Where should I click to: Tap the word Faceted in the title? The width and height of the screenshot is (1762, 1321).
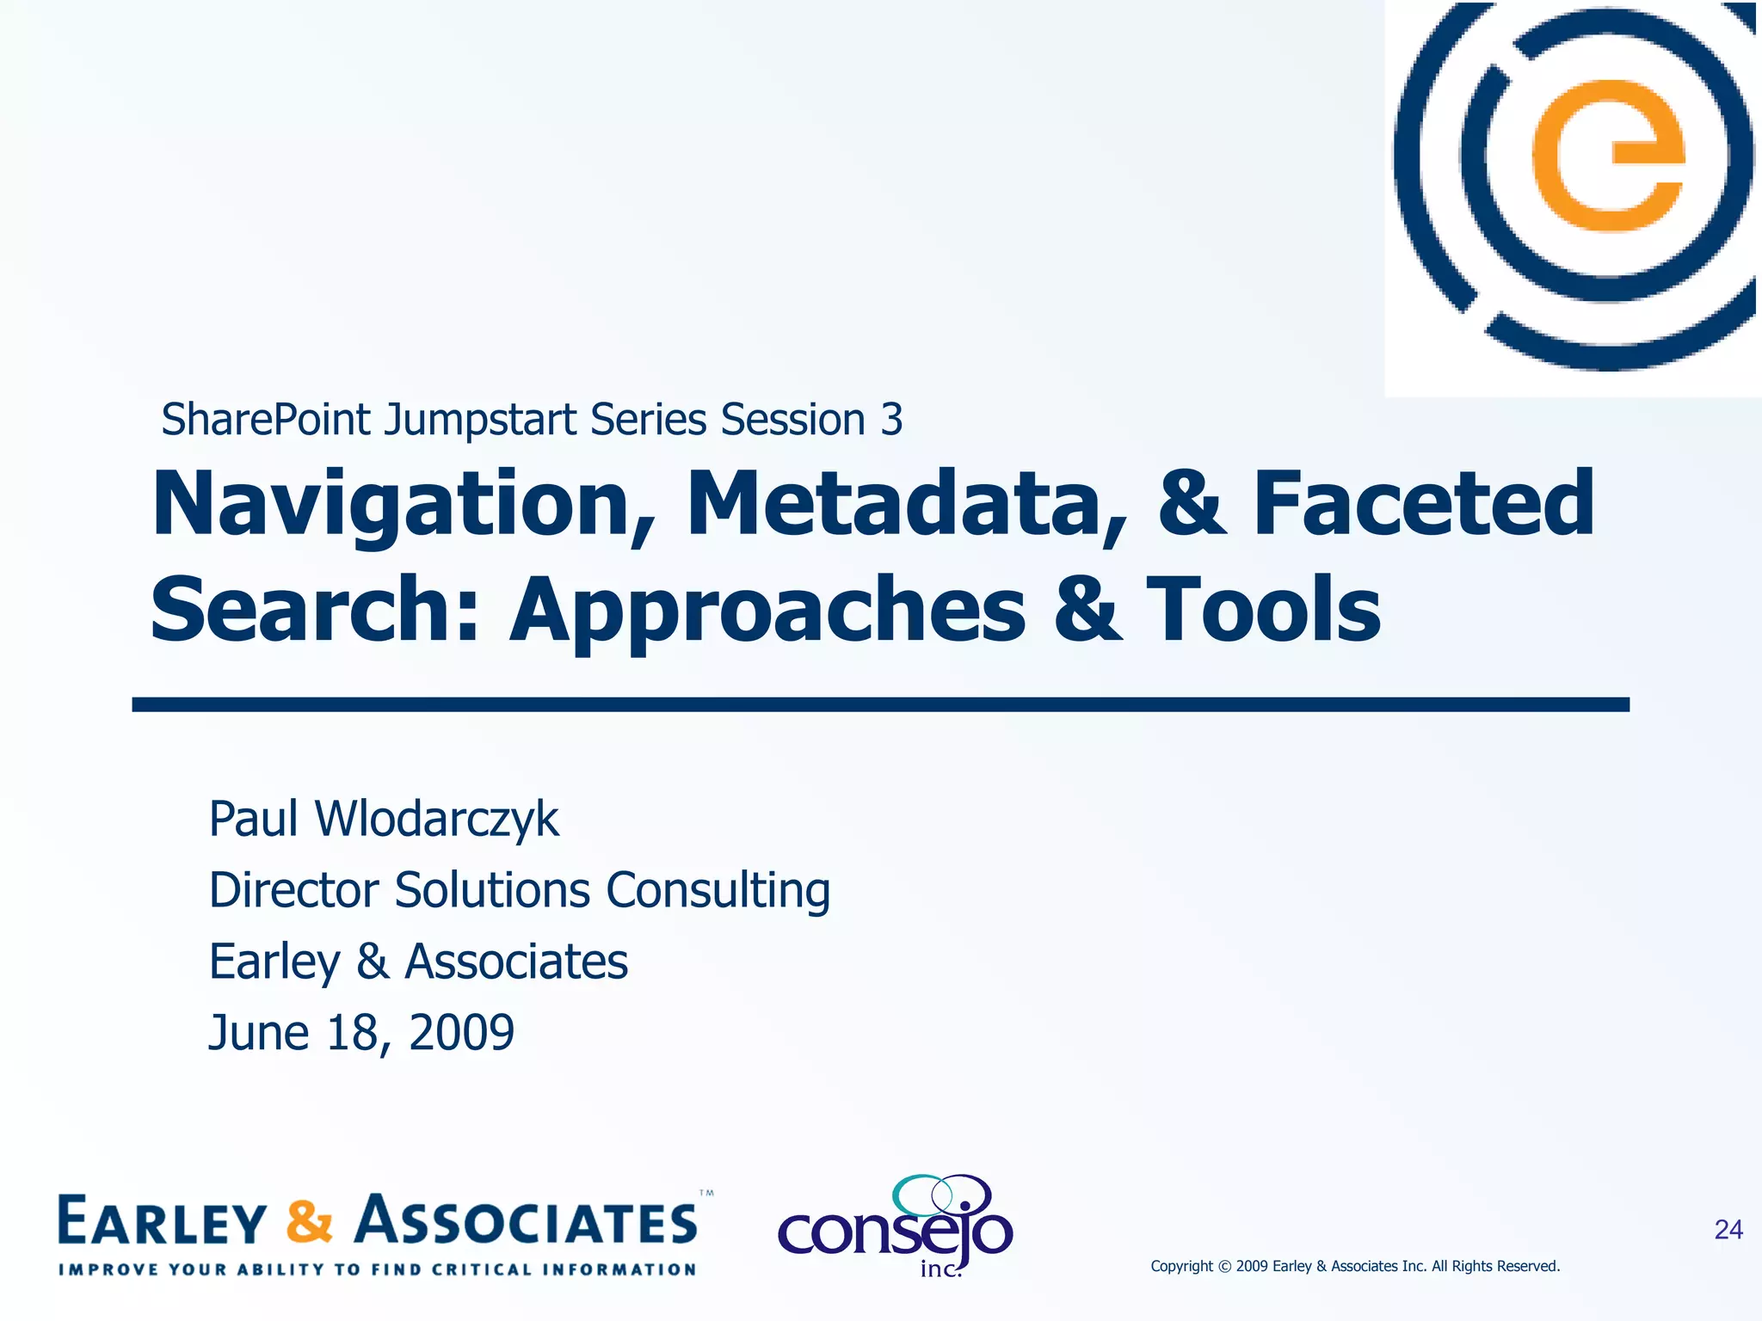pos(1424,505)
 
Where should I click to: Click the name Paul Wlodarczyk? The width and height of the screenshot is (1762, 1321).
pos(384,819)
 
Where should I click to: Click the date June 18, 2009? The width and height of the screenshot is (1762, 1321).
pos(361,1033)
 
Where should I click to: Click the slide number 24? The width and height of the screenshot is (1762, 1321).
pos(1728,1230)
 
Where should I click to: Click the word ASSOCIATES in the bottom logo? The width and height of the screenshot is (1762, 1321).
pos(527,1222)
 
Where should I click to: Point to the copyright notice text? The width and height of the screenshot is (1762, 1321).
pos(1355,1266)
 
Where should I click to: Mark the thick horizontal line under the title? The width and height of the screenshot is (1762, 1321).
pos(880,704)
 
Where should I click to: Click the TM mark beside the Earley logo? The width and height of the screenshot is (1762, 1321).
pos(706,1194)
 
